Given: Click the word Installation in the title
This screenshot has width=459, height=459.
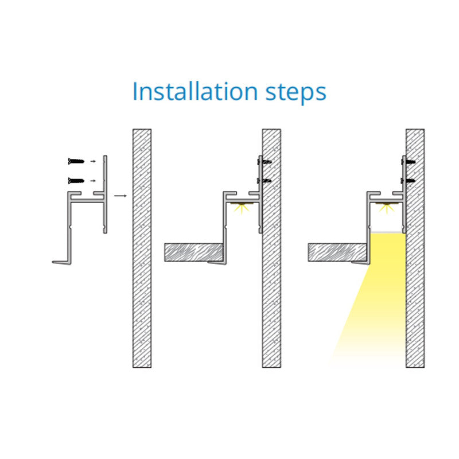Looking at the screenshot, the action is click(195, 91).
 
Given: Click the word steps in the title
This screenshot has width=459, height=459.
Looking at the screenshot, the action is click(295, 93).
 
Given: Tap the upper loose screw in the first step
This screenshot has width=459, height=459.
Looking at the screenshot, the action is click(76, 161).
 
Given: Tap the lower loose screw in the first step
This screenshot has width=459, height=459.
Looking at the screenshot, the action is click(76, 181).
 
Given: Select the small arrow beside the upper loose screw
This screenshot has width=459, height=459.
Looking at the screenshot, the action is click(93, 161).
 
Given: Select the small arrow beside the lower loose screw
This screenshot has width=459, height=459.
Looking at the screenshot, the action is click(93, 181).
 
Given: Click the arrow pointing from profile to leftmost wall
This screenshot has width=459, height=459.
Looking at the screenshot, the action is click(120, 196).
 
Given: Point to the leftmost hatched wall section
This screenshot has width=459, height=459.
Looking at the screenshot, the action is click(142, 248).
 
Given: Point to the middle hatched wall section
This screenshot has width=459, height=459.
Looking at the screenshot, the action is click(271, 248).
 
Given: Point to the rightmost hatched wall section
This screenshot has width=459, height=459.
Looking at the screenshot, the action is click(415, 248).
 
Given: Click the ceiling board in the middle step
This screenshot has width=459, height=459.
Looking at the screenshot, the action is click(194, 252).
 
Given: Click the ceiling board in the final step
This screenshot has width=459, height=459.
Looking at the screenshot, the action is click(337, 252).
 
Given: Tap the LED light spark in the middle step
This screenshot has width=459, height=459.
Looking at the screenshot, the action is click(242, 208).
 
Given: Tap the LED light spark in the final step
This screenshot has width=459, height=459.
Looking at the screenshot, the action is click(386, 208).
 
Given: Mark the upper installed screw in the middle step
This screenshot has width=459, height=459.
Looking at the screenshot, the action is click(264, 161).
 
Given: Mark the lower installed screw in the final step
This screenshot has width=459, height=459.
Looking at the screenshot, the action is click(408, 181).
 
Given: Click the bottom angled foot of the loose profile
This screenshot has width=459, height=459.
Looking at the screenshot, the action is click(62, 262).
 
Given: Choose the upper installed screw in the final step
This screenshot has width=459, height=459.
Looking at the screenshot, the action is click(408, 161).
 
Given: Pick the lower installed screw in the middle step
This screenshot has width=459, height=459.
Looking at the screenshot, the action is click(264, 181).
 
